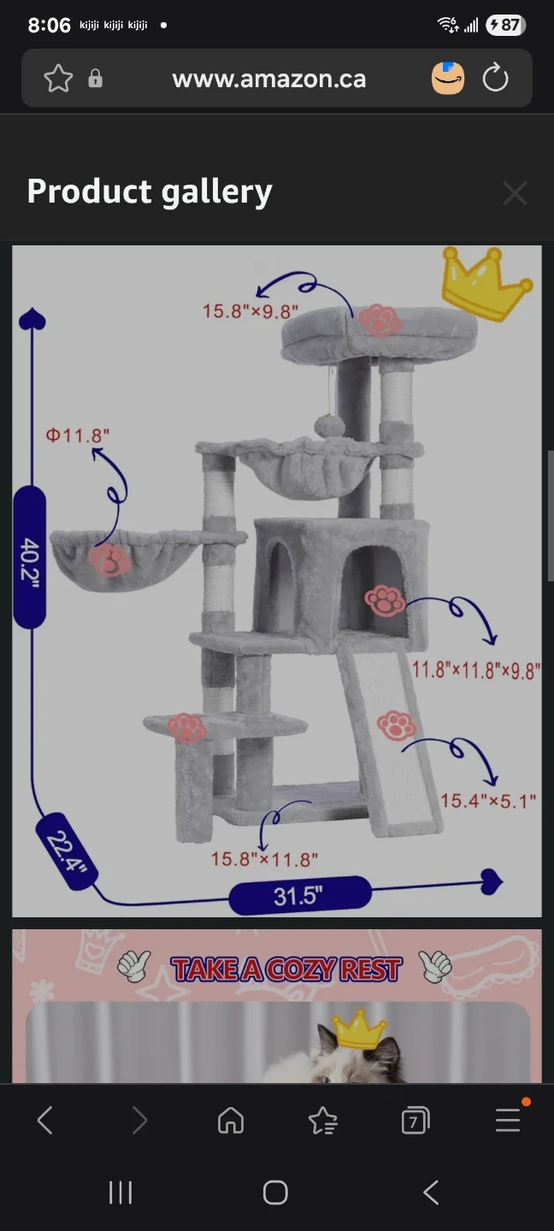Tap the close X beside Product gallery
pos(515,193)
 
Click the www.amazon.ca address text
pos(268,80)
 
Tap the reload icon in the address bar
pos(495,78)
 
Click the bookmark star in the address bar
pos(58,78)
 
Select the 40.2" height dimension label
pos(30,557)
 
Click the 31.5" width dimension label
pos(299,896)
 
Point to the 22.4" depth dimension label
pos(67,851)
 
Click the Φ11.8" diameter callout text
pos(78,436)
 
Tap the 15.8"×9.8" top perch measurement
pos(250,311)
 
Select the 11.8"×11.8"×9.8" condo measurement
pos(476,670)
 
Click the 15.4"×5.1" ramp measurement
pos(488,801)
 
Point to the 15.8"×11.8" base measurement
pos(264,859)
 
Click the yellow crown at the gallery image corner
pos(486,283)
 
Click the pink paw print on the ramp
pos(397,726)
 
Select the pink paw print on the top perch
pos(380,320)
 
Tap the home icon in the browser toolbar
pos(231,1120)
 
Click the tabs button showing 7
pos(415,1120)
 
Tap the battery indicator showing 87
pos(505,25)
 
